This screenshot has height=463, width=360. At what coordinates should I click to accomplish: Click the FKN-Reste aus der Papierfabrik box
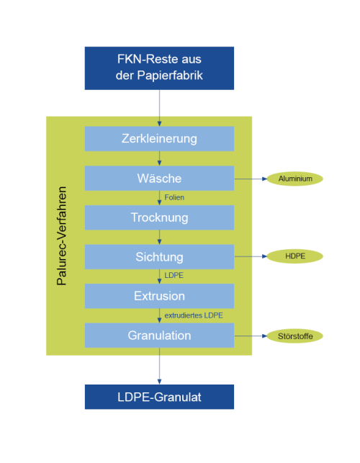tap(159, 68)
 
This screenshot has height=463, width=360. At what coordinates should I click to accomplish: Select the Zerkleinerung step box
tap(159, 139)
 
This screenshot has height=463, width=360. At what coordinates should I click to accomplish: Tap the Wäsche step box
tap(159, 178)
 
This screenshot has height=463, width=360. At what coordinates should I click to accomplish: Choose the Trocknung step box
tap(159, 217)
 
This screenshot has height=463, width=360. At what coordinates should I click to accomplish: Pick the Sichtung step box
tap(159, 257)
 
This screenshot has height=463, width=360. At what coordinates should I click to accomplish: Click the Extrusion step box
tap(159, 296)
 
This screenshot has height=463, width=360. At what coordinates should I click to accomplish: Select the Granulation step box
tap(159, 336)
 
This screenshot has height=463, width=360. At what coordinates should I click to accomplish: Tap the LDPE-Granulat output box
tap(159, 397)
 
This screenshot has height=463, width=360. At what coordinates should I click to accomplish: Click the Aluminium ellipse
tap(294, 179)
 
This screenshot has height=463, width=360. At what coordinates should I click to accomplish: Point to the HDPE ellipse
tap(294, 256)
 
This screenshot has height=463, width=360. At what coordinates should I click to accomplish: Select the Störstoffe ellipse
tap(294, 336)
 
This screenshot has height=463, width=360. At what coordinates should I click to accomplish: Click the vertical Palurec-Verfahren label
tap(62, 236)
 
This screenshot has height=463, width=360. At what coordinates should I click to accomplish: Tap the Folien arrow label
tap(174, 197)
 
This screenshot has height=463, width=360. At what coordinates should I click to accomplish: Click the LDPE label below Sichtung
tap(174, 275)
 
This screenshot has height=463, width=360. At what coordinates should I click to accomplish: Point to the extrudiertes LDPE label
tap(194, 315)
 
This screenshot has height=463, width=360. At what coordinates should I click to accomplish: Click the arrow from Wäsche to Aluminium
tap(251, 179)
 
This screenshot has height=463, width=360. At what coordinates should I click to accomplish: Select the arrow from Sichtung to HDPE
tap(251, 256)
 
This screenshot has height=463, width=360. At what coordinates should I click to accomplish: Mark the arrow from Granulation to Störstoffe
tap(251, 336)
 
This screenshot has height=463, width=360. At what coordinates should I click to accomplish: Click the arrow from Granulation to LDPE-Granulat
tap(159, 366)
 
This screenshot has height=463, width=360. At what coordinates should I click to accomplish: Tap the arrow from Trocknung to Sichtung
tap(159, 237)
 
